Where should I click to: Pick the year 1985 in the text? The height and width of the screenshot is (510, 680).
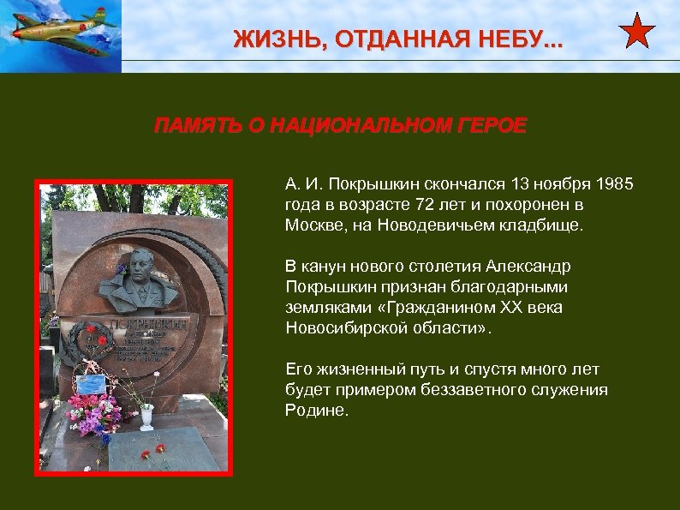point(614,184)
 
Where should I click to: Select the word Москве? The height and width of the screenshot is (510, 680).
point(311,225)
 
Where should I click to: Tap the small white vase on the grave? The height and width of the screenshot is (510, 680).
point(146,416)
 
